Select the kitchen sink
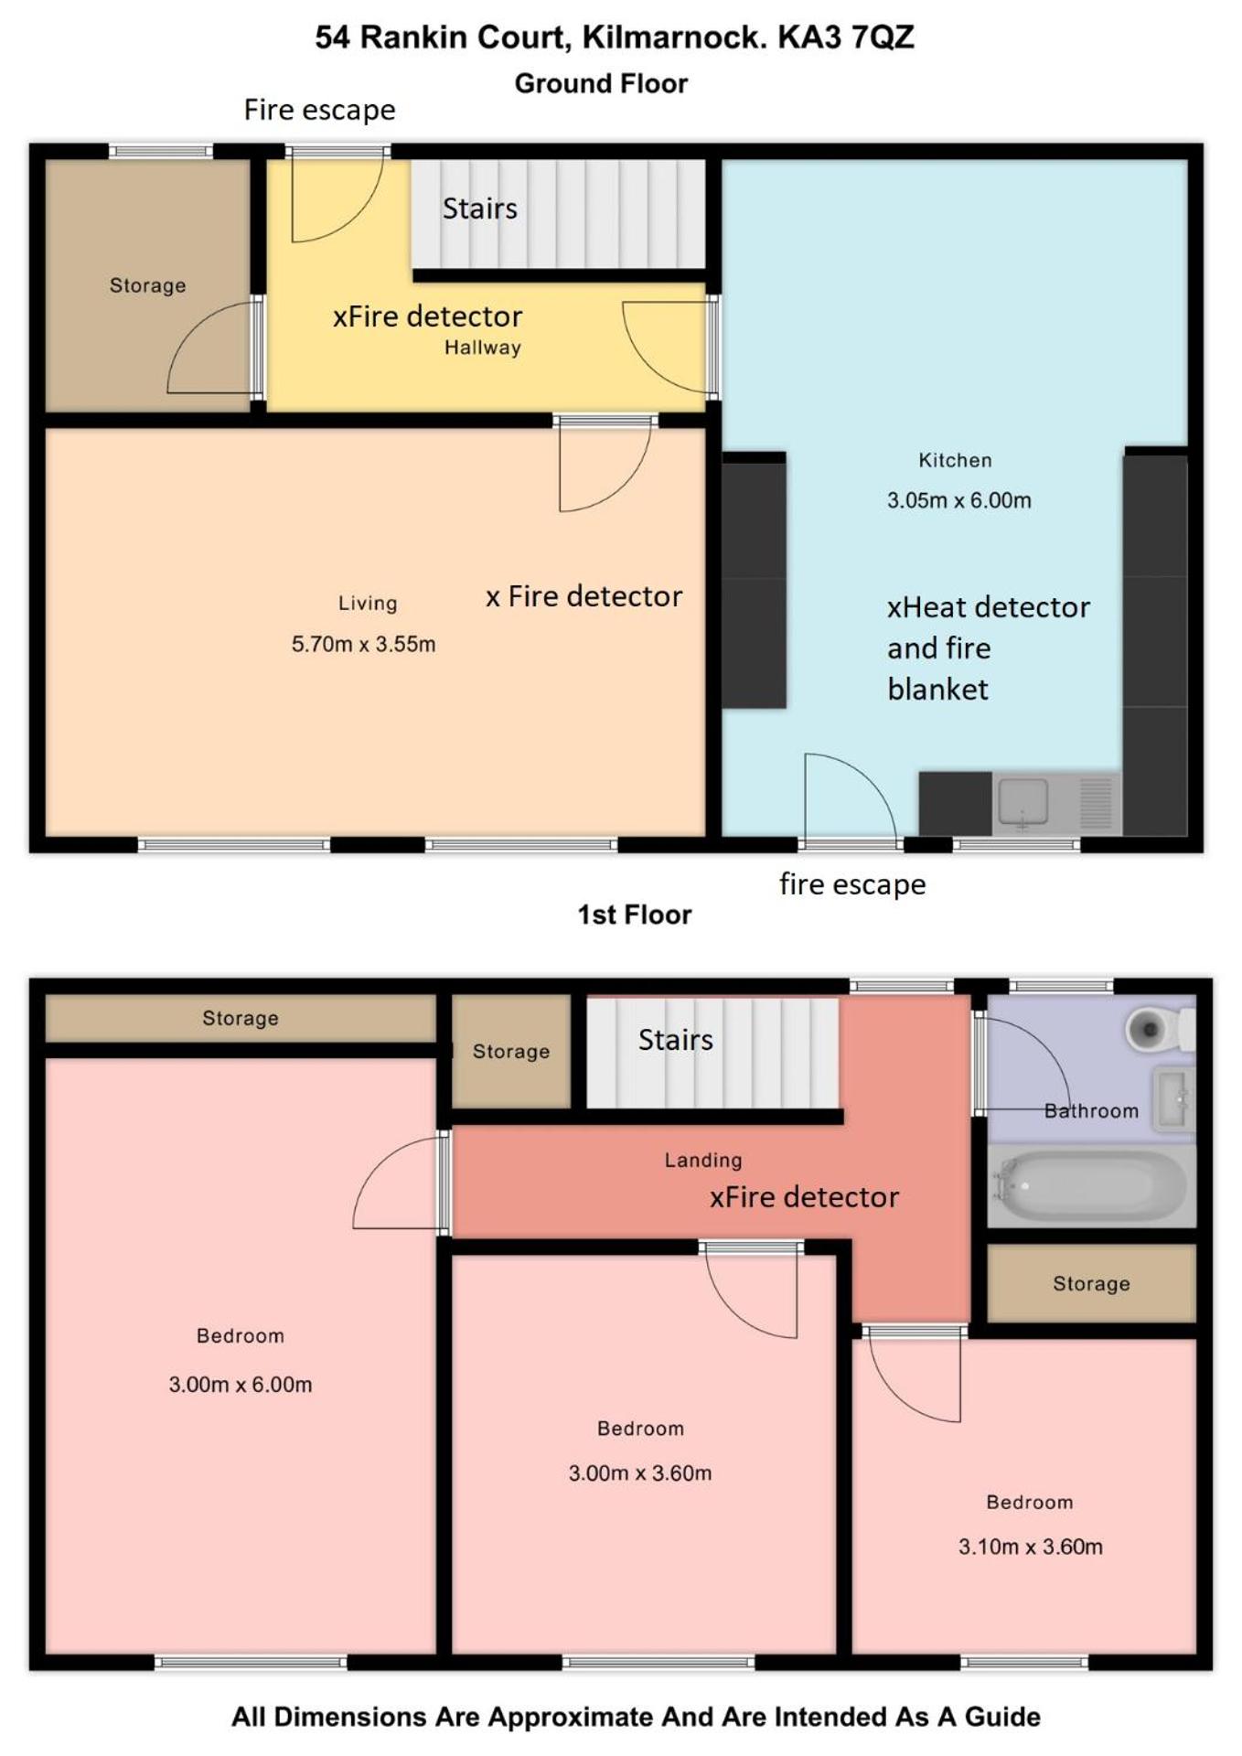click(1023, 803)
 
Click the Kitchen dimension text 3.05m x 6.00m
click(958, 500)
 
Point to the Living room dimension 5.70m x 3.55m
click(363, 644)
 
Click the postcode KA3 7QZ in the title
click(846, 37)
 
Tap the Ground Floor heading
click(601, 83)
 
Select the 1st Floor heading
click(634, 915)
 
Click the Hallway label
click(483, 348)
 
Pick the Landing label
click(703, 1160)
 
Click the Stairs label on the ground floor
click(480, 209)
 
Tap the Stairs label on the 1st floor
click(676, 1040)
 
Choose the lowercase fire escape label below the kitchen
click(852, 884)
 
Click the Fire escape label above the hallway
click(319, 110)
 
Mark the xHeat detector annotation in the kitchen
click(989, 607)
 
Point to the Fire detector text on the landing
click(810, 1197)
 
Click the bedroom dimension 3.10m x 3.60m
click(1031, 1547)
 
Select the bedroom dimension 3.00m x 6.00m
click(240, 1385)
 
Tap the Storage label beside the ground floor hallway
click(147, 285)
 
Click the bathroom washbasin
click(1173, 1097)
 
